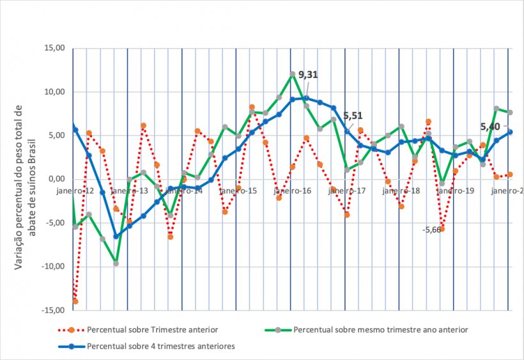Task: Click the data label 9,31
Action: point(308,75)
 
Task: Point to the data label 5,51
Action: point(353,116)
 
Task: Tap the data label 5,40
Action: point(490,127)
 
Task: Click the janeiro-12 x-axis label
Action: point(75,191)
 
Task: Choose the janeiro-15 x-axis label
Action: point(239,191)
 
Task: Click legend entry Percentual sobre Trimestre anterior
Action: point(152,330)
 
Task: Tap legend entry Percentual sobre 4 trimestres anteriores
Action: point(160,346)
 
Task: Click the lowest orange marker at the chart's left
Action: point(75,301)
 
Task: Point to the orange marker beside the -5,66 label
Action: point(442,229)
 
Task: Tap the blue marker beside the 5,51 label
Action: point(347,131)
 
